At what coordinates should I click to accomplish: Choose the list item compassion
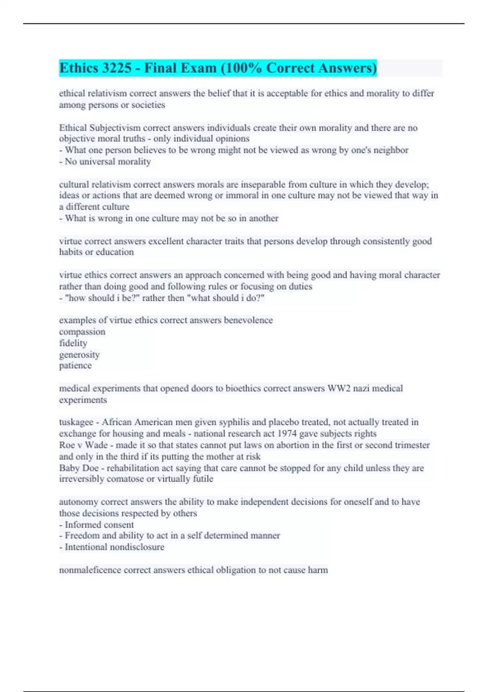tap(82, 332)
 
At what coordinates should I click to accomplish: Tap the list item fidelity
tap(73, 343)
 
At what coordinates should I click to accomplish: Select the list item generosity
tap(79, 355)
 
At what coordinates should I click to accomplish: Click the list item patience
tap(75, 366)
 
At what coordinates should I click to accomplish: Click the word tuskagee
tap(76, 422)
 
